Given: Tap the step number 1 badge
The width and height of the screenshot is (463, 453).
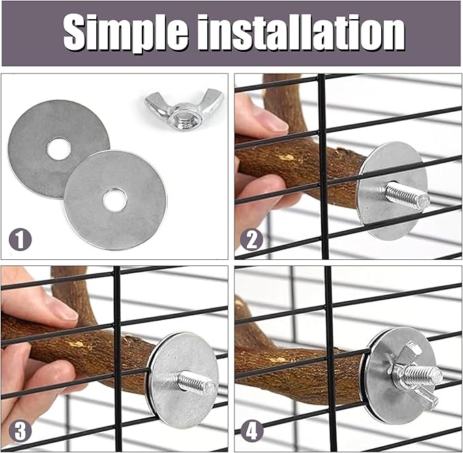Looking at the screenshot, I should coord(20,239).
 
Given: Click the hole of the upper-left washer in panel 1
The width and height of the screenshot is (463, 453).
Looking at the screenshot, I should coord(59,148).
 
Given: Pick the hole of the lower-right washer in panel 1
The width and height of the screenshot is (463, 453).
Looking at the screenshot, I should coord(115,199).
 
